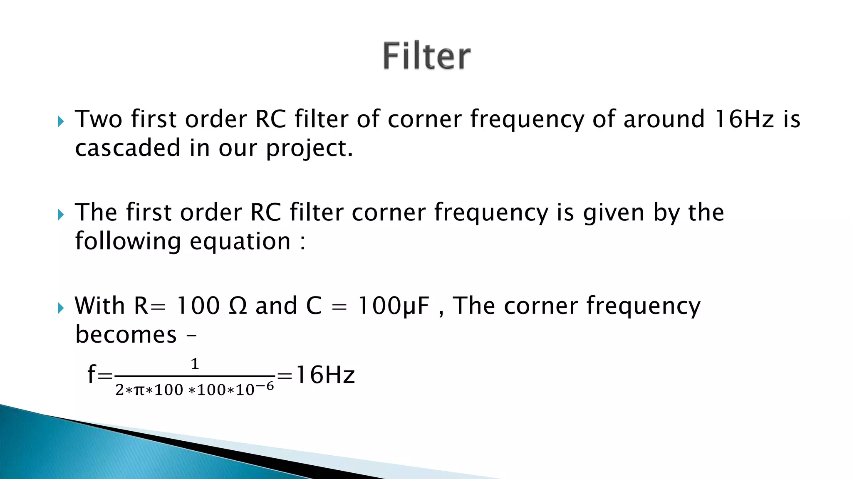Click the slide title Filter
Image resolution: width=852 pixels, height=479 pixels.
[426, 56]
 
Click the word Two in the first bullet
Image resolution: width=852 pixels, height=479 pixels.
[99, 119]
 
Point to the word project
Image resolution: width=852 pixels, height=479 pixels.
[310, 149]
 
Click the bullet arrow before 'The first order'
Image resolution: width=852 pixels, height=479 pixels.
[61, 215]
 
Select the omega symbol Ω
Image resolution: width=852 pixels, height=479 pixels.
[238, 306]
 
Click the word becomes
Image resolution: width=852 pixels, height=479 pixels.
[126, 335]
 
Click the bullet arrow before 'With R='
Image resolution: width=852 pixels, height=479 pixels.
[61, 308]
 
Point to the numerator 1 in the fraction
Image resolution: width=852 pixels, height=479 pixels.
[195, 364]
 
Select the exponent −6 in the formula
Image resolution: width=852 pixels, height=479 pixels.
[265, 386]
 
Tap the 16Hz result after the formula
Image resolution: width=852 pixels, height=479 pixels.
[325, 375]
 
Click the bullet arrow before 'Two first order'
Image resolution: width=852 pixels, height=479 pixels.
[61, 121]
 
